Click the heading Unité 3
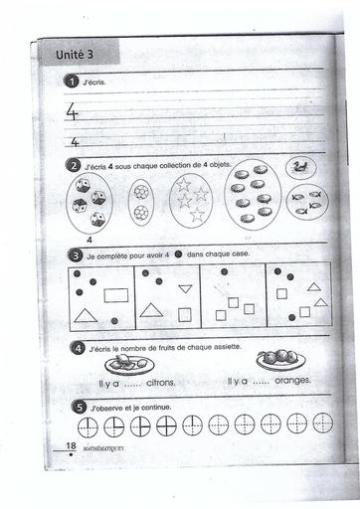[75, 55]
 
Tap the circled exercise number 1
[71, 82]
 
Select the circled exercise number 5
[79, 407]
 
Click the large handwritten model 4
[72, 111]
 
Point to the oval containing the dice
[90, 203]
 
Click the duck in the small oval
[300, 166]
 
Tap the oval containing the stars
[191, 201]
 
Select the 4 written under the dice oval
[90, 240]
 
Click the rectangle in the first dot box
[116, 295]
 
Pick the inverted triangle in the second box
[185, 288]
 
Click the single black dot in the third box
[224, 271]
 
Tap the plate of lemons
[129, 364]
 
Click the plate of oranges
[281, 360]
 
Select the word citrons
[161, 383]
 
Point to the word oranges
[292, 381]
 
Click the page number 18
[71, 445]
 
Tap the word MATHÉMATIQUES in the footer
[103, 448]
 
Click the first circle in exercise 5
[88, 427]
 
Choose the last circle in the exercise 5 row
[323, 423]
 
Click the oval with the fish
[307, 202]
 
